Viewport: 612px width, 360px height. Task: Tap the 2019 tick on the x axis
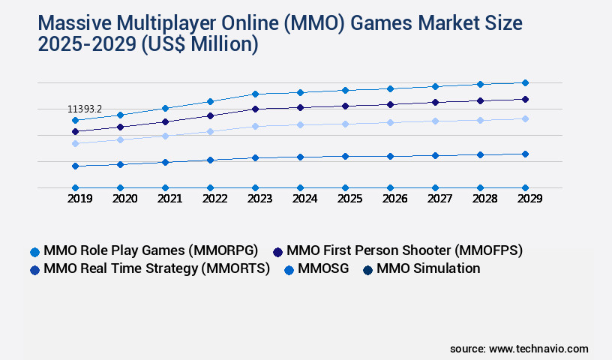[x=79, y=199]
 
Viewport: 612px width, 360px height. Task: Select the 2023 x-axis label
[x=259, y=199]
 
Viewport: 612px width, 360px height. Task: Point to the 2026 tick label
[x=394, y=199]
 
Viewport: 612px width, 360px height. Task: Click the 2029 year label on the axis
[x=529, y=199]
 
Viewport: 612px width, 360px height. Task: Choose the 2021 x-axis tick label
[x=169, y=199]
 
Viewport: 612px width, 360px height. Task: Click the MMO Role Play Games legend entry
[x=151, y=250]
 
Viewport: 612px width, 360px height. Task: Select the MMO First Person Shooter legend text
[x=404, y=250]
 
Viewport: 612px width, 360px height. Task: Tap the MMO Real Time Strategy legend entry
[x=157, y=268]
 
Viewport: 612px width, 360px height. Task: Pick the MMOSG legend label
[x=323, y=268]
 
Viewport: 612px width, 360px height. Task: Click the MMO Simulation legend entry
[x=428, y=268]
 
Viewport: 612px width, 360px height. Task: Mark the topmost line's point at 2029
[x=525, y=82]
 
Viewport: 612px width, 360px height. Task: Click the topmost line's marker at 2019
[x=75, y=120]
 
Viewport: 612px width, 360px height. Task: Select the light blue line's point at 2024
[x=300, y=124]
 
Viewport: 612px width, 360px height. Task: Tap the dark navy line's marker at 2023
[x=255, y=109]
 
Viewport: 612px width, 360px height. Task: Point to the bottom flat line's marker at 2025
[x=345, y=187]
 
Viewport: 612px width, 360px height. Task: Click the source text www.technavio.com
[x=538, y=349]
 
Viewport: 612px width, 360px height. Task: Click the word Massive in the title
[x=71, y=23]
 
